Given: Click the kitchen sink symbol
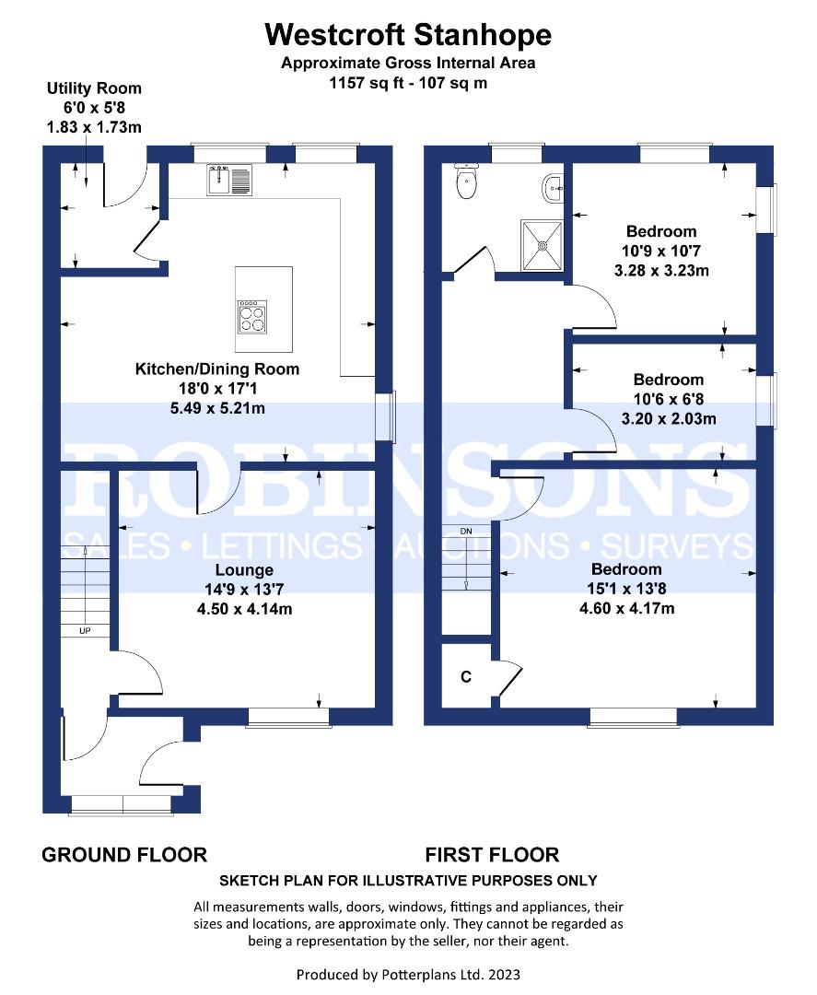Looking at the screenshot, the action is click(x=229, y=180).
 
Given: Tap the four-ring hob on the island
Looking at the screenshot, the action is click(x=251, y=317).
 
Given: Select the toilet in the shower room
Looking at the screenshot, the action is click(x=467, y=181).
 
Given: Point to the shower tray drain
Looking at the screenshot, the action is click(x=543, y=245).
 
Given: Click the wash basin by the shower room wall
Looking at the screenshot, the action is click(x=554, y=189).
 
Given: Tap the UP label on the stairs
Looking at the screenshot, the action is click(x=85, y=631).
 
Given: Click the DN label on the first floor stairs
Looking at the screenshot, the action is click(x=466, y=531).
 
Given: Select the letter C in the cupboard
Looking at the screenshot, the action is click(x=466, y=676).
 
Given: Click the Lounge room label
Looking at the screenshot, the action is click(x=244, y=570).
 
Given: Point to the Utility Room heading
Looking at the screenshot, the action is click(x=94, y=88).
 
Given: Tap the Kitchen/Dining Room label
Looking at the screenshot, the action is click(x=217, y=369).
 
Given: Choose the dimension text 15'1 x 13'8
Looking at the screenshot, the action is click(x=626, y=589).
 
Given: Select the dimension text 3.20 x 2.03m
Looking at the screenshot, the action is click(x=669, y=419).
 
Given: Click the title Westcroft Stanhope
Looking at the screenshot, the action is click(x=409, y=34).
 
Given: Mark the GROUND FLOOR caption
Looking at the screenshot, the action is click(x=124, y=855).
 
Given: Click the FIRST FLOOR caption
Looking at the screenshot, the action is click(x=492, y=855).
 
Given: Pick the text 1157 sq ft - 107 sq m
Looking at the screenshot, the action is click(x=409, y=83).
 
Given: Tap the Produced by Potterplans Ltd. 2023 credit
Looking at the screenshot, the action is click(x=409, y=974).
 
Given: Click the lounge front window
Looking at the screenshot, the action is click(x=288, y=717).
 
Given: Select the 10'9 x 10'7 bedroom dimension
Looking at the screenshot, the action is click(x=661, y=251).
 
